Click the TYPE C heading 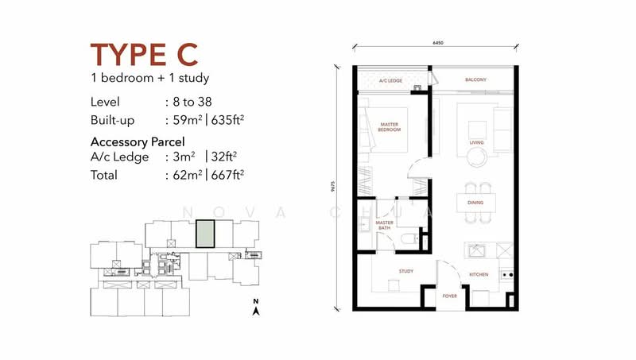coord(144,55)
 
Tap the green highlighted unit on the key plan coord(205,234)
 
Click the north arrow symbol coord(256,309)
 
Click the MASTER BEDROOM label coord(390,127)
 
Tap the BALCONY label coord(475,80)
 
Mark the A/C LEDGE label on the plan coord(390,81)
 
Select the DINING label coord(475,203)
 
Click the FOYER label coord(449,296)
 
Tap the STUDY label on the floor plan coord(406,272)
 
